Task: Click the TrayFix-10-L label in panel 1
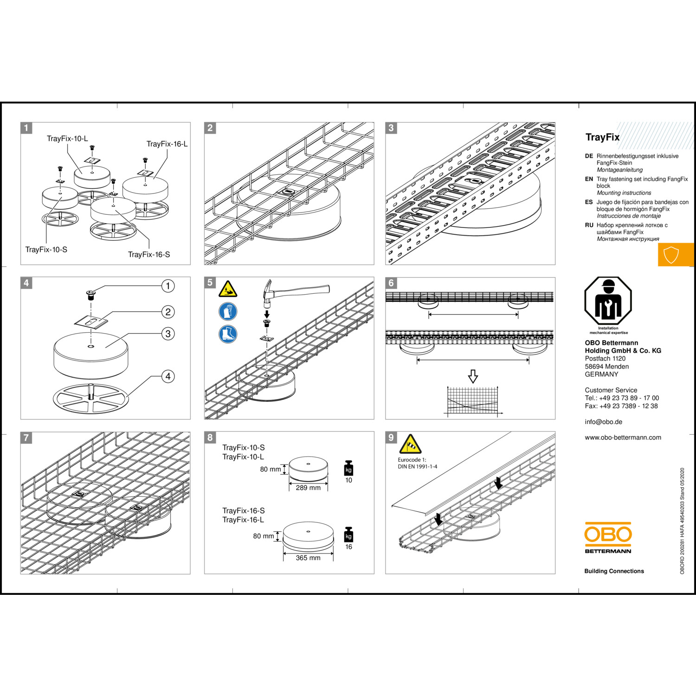(67, 139)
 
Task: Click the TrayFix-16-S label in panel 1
(149, 254)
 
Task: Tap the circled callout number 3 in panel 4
(168, 334)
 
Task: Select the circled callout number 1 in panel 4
(168, 286)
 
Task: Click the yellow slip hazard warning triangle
(228, 290)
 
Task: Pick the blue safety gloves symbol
(228, 311)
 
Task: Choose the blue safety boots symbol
(228, 334)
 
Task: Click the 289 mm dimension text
(308, 488)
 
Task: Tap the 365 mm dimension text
(308, 558)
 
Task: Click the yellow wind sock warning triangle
(410, 445)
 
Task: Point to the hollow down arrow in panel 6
(473, 376)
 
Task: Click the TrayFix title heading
(602, 137)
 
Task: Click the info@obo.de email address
(603, 422)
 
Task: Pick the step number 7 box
(26, 438)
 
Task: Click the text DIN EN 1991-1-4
(417, 467)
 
